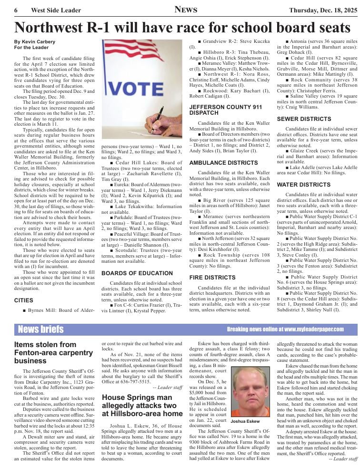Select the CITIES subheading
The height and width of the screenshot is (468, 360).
[24, 300]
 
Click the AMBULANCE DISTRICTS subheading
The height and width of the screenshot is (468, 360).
[217, 163]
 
